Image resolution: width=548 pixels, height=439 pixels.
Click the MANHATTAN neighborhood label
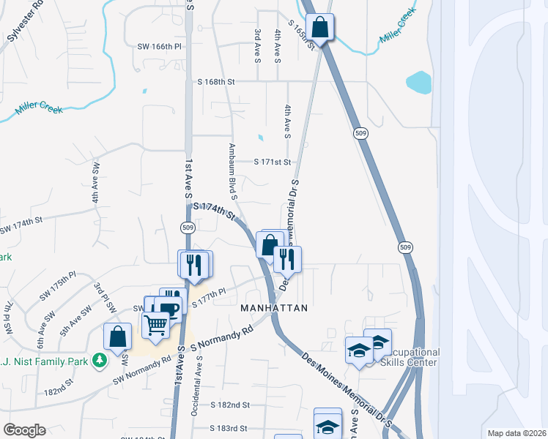[x=274, y=309]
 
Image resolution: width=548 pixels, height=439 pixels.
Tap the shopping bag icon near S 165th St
[x=320, y=29]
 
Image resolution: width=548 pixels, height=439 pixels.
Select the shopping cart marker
[x=156, y=324]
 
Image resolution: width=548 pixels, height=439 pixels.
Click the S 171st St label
[x=273, y=162]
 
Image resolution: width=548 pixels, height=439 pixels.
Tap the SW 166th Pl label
[x=159, y=46]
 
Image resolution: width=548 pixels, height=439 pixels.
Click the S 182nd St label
[x=230, y=405]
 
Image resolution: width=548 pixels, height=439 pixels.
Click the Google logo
[x=24, y=430]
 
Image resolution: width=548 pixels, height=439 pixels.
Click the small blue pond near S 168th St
[x=418, y=82]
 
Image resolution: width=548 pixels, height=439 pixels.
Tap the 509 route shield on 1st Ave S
[x=186, y=228]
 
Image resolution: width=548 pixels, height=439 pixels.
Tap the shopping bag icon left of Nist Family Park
[x=117, y=337]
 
